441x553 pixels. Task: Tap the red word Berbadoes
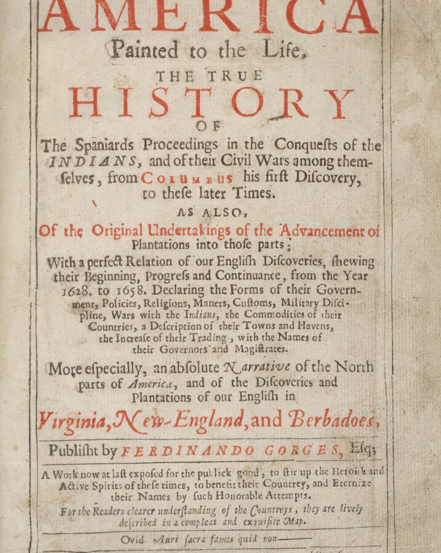click(336, 423)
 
